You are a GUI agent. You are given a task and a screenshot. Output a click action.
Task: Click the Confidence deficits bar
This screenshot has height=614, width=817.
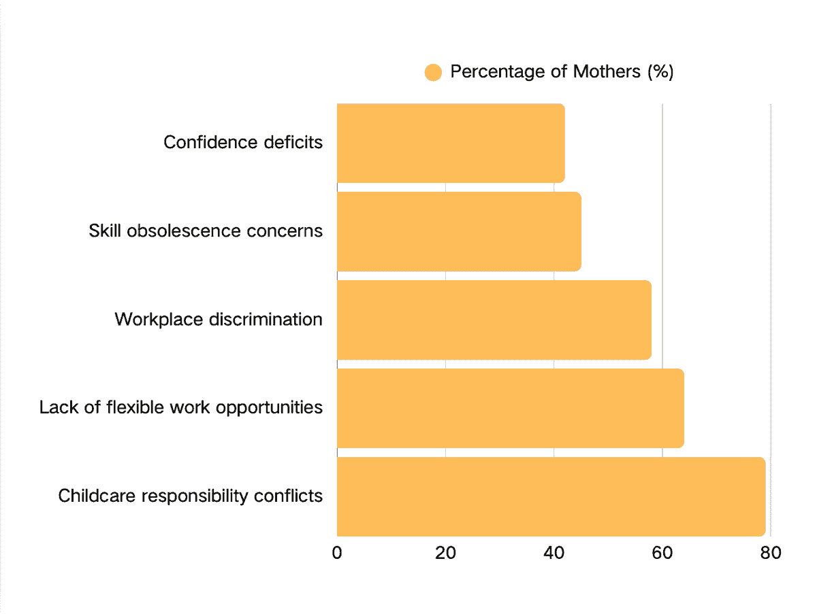(451, 143)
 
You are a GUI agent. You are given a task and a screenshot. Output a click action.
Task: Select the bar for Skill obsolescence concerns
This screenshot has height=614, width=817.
(459, 231)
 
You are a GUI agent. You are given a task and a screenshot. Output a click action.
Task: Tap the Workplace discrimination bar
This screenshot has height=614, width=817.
(494, 320)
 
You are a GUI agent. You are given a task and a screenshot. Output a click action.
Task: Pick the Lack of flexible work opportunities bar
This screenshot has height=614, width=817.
(510, 408)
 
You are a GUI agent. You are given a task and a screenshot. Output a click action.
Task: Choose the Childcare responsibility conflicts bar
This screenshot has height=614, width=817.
(551, 496)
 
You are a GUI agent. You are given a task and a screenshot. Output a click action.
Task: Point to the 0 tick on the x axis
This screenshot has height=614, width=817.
(337, 553)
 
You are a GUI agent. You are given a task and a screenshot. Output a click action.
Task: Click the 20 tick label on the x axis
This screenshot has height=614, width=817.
(445, 553)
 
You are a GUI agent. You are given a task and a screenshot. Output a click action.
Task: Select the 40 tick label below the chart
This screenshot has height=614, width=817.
(554, 553)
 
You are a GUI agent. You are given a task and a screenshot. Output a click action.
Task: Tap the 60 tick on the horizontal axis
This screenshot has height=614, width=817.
(662, 553)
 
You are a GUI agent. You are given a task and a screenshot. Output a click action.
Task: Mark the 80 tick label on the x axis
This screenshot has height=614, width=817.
(770, 553)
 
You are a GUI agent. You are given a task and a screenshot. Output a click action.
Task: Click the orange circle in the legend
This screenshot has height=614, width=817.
(433, 72)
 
